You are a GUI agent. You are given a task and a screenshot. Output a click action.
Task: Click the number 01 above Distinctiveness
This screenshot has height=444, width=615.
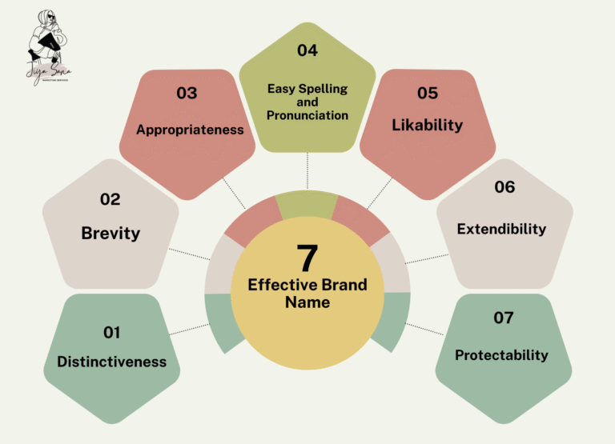[111, 332]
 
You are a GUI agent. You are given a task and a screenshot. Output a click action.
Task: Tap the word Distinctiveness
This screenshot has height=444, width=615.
[111, 362]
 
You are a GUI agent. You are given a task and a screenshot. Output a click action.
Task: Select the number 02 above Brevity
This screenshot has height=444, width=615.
[111, 199]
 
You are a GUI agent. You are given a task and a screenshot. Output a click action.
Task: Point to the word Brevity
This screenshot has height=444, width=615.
[111, 234]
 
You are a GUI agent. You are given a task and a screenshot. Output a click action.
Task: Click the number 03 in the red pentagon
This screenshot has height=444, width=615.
[187, 93]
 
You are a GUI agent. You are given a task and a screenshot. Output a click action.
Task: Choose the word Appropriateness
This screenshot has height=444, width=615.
[190, 129]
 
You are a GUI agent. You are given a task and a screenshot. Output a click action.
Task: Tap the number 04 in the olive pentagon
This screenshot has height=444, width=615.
[307, 50]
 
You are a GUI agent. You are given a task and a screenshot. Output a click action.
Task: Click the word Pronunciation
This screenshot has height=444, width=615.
[308, 115]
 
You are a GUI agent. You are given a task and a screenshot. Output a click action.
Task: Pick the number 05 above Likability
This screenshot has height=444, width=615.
[428, 93]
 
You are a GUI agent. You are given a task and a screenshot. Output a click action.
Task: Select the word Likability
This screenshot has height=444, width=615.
[428, 126]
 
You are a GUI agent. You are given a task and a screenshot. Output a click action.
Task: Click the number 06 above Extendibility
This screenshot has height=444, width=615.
[504, 187]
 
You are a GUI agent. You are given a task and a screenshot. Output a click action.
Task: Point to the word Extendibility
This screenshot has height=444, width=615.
[501, 229]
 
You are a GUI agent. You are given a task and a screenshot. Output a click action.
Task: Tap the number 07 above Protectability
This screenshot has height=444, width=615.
[504, 318]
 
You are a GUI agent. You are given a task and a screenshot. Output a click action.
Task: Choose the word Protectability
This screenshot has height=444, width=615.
[501, 355]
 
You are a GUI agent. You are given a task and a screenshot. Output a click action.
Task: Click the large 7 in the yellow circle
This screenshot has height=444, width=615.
[307, 258]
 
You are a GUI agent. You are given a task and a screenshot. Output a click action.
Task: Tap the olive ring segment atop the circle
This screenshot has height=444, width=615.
[307, 203]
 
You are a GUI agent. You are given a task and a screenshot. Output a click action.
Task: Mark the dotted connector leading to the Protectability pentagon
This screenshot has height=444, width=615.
[424, 328]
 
